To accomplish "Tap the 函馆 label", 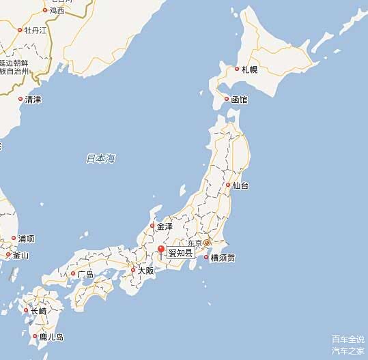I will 239,100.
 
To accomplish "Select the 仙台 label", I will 240,185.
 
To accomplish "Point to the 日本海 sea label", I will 100,159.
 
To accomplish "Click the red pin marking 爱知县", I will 161,250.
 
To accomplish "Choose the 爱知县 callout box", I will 180,253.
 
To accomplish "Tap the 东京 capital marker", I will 207,243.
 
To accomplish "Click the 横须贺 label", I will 223,258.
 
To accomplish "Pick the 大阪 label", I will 145,271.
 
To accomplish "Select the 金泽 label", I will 165,226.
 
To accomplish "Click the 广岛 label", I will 85,274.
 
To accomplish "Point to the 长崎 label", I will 38,311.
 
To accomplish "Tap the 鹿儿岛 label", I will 51,337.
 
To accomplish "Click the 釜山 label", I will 21,256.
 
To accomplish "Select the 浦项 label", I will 26,239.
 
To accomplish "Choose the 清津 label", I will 33,100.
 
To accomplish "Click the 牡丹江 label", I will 36,30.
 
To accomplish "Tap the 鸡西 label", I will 57,10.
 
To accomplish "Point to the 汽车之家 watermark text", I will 348,350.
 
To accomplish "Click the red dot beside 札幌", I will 237,69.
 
